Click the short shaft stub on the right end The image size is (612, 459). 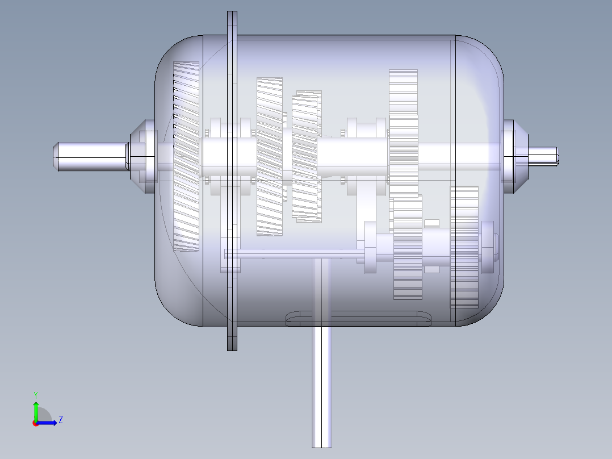click(543, 156)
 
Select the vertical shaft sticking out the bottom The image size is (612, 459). click(321, 392)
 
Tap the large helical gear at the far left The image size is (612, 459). click(186, 156)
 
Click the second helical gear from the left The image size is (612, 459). click(270, 156)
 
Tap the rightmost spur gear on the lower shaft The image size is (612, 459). click(464, 247)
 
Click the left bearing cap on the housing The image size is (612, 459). click(145, 156)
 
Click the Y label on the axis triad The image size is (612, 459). click(35, 394)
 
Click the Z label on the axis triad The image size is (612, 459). click(60, 420)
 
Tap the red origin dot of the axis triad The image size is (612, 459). click(35, 423)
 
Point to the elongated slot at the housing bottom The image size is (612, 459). click(358, 319)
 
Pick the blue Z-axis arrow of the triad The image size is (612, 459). click(48, 423)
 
